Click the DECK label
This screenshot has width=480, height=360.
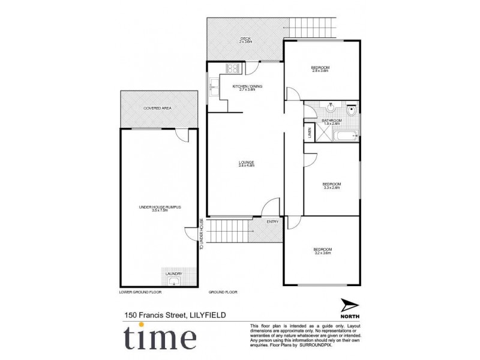[x=245, y=40]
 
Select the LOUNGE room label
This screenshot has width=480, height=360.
[x=247, y=163]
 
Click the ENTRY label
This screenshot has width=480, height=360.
[x=273, y=221]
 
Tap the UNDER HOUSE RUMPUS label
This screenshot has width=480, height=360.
[x=160, y=208]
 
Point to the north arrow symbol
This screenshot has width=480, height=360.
[x=350, y=305]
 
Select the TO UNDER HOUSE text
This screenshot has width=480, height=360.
[x=202, y=234]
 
